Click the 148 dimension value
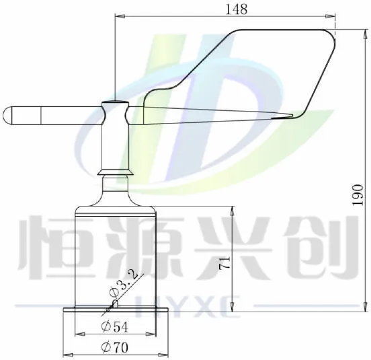tap(237, 9)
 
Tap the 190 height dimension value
tap(358, 195)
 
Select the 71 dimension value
tap(224, 263)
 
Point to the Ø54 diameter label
tap(114, 326)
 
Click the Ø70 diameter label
tap(114, 347)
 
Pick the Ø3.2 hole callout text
tap(124, 284)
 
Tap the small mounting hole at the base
tap(116, 303)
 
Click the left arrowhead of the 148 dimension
tap(120, 16)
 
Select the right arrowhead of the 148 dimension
tap(331, 16)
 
